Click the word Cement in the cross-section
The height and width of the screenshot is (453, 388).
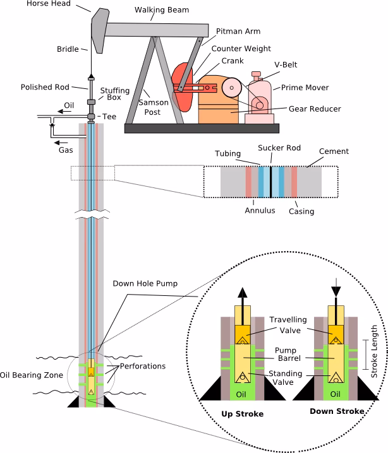[334, 151]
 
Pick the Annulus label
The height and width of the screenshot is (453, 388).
[260, 210]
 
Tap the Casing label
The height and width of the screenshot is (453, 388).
[301, 211]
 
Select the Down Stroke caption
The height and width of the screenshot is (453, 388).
[337, 411]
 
